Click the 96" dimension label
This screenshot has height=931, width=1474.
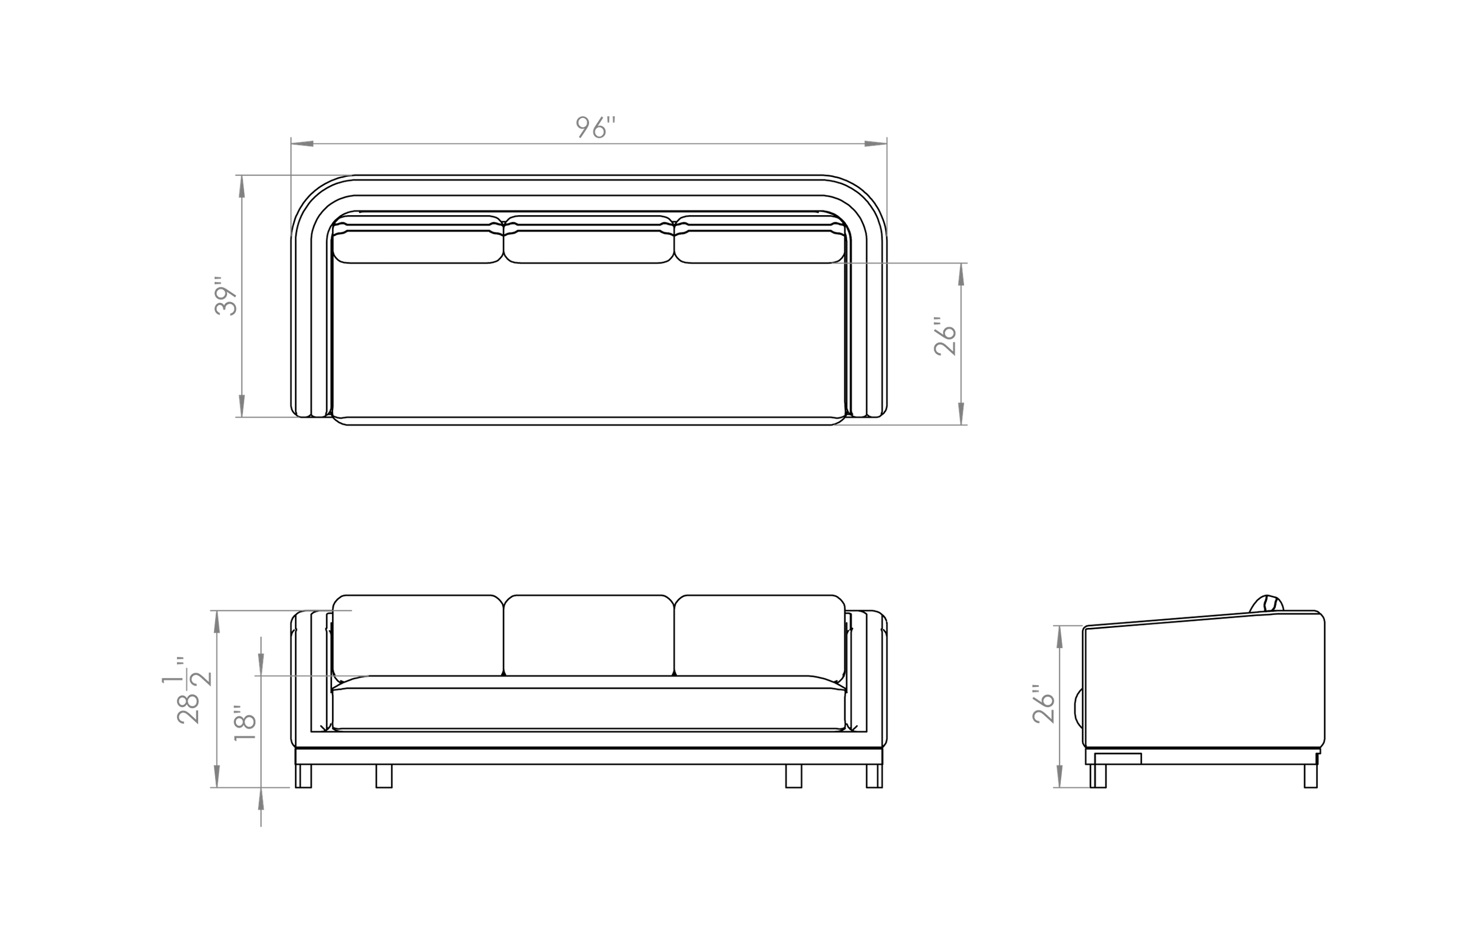pyautogui.click(x=595, y=128)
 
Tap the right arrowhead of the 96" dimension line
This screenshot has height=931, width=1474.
pyautogui.click(x=876, y=143)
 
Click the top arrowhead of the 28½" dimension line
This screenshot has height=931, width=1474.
pyautogui.click(x=216, y=623)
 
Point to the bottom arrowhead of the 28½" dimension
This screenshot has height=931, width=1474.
pyautogui.click(x=216, y=776)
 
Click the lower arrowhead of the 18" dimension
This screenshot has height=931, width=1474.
pyautogui.click(x=261, y=798)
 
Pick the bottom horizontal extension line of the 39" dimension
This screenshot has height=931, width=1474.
pyautogui.click(x=268, y=417)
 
